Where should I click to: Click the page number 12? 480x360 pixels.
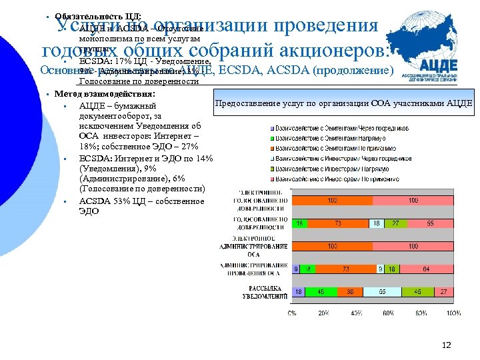(447, 345)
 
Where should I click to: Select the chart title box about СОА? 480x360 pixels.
(343, 103)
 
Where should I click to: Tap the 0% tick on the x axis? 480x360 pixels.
(292, 312)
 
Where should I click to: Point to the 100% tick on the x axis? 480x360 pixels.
(453, 312)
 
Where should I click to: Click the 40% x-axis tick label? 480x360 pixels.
(357, 312)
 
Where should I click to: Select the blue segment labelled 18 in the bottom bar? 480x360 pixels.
(299, 292)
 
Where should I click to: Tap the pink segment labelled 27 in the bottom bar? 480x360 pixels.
(443, 292)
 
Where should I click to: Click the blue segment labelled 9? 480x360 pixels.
(295, 269)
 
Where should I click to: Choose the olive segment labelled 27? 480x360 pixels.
(395, 223)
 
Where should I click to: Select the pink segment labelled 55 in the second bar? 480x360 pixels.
(431, 223)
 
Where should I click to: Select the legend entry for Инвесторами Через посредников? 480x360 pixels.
(341, 159)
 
